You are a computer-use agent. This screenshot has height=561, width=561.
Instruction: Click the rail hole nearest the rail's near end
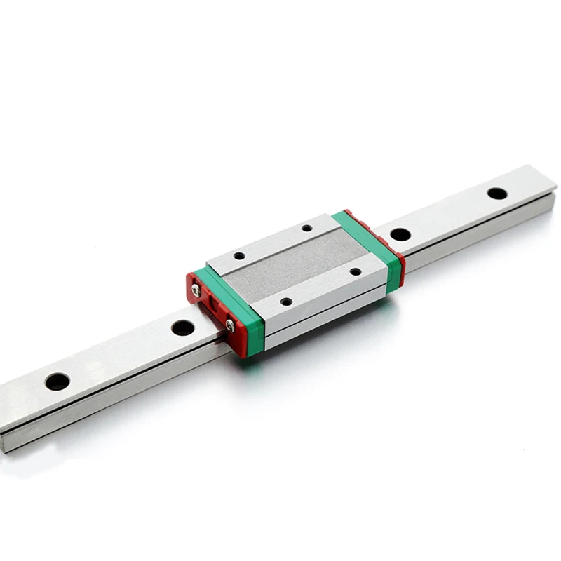[x=57, y=381]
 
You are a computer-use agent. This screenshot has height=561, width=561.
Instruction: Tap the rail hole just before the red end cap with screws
[x=182, y=327]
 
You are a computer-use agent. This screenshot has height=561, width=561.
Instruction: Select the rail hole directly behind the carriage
[x=400, y=234]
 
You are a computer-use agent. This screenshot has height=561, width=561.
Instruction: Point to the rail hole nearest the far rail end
[x=497, y=193]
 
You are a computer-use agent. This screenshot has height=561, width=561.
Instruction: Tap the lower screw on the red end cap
[x=230, y=324]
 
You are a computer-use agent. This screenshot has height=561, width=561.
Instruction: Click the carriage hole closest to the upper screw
[x=239, y=256]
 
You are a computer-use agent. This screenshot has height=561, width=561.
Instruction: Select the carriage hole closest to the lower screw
[x=286, y=302]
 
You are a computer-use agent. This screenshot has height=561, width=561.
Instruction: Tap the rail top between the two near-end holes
[x=119, y=354]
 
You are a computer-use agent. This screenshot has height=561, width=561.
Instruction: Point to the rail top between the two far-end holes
[x=449, y=213]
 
